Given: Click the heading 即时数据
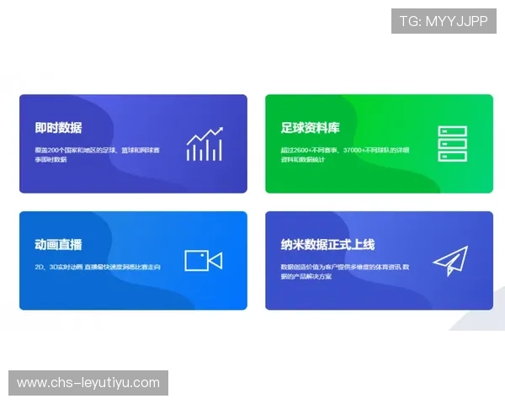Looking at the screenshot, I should (x=58, y=128).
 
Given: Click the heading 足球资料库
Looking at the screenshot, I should (x=311, y=128).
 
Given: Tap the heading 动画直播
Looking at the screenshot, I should (x=58, y=245).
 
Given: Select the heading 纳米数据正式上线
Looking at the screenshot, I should (x=327, y=245).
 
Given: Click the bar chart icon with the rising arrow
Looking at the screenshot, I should (x=205, y=145).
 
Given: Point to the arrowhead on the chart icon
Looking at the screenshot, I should (x=220, y=130).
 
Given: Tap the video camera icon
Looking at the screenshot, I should (x=203, y=261).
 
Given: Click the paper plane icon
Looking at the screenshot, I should (x=450, y=261).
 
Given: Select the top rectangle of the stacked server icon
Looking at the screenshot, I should (x=452, y=131).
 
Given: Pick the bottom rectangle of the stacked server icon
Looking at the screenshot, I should (x=452, y=156).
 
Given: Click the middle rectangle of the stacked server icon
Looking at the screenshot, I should (x=452, y=144).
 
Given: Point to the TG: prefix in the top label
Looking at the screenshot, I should (x=410, y=21).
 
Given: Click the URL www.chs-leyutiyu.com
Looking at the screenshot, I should (x=88, y=383).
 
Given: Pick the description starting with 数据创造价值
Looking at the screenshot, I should (x=345, y=271).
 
